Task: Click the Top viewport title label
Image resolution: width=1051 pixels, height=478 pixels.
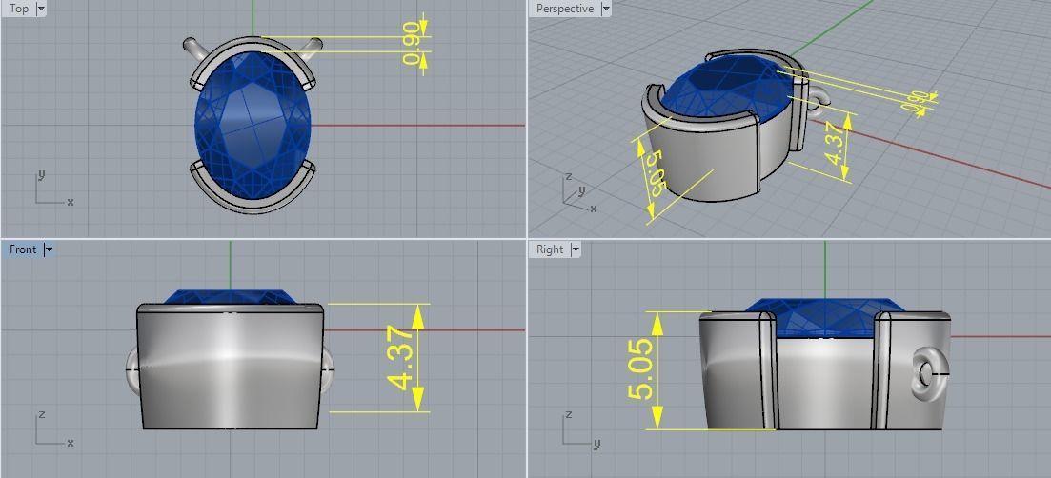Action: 18,9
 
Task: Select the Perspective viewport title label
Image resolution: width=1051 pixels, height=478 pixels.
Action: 564,9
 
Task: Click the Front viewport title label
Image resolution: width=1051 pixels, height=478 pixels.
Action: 23,249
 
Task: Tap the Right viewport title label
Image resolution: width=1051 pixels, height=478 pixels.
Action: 550,249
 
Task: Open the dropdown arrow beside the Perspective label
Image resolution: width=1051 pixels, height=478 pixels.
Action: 606,9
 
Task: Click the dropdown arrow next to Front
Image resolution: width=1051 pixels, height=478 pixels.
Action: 49,249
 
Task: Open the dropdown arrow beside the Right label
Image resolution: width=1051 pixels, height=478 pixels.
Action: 576,249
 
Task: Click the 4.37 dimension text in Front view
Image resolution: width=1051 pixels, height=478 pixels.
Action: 401,358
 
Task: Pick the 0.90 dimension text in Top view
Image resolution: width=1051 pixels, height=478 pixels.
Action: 412,45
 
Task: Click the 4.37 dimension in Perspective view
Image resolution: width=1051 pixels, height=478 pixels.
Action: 834,143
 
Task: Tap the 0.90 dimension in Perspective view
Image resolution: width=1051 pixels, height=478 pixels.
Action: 916,102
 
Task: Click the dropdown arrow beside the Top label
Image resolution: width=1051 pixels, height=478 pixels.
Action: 40,9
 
